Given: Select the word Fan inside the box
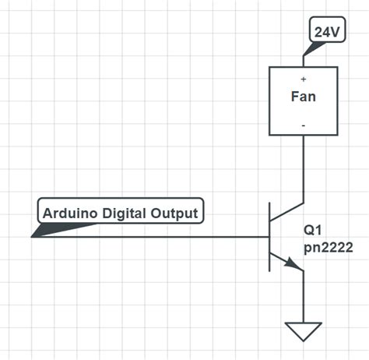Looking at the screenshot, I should coord(304,97).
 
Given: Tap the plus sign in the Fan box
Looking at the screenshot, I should coord(304,79).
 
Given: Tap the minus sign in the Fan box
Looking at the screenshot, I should coord(304,124).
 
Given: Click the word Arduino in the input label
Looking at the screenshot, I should coord(68,213).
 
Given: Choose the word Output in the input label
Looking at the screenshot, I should coord(177,213).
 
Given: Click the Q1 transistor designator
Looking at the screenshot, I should coord(314,231).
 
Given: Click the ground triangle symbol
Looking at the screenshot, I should coord(304,331).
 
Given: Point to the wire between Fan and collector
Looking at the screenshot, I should coord(304,168).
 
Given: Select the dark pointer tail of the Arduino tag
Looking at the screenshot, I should coord(62,229).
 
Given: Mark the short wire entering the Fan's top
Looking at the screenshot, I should coord(304,61).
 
